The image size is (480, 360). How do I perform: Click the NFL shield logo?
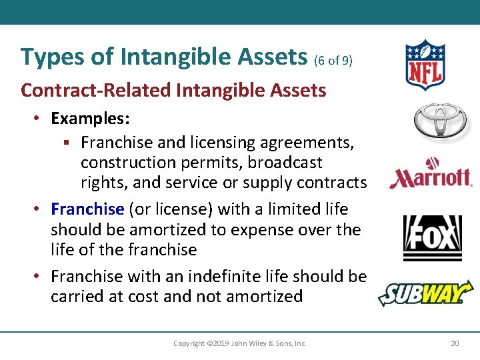tap(424, 65)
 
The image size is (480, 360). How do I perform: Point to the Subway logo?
tap(425, 293)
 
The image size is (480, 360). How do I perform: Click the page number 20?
tap(455, 343)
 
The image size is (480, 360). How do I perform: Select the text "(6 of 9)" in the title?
tap(333, 60)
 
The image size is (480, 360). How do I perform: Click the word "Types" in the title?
tap(47, 57)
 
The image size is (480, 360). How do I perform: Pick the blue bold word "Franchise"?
tap(87, 209)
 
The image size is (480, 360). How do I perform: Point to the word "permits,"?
tap(200, 163)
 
